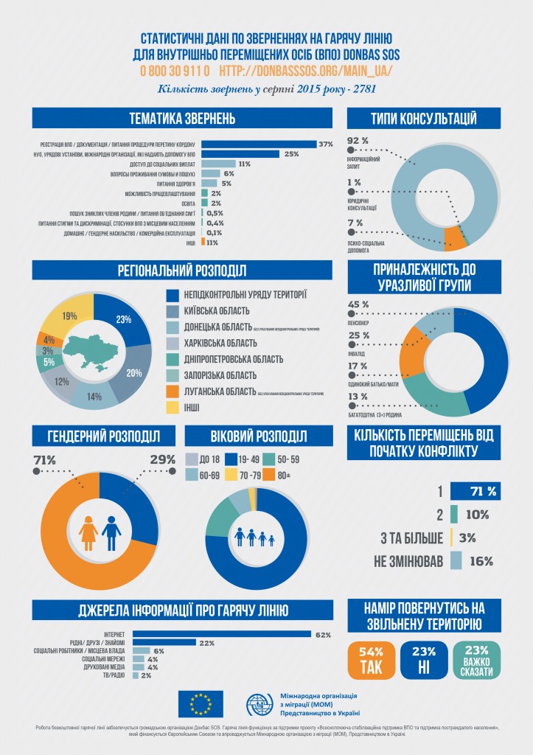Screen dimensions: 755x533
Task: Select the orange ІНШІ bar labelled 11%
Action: click(x=203, y=242)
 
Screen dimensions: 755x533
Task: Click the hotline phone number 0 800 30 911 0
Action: click(x=175, y=71)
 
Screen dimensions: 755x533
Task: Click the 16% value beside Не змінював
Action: click(x=481, y=561)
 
